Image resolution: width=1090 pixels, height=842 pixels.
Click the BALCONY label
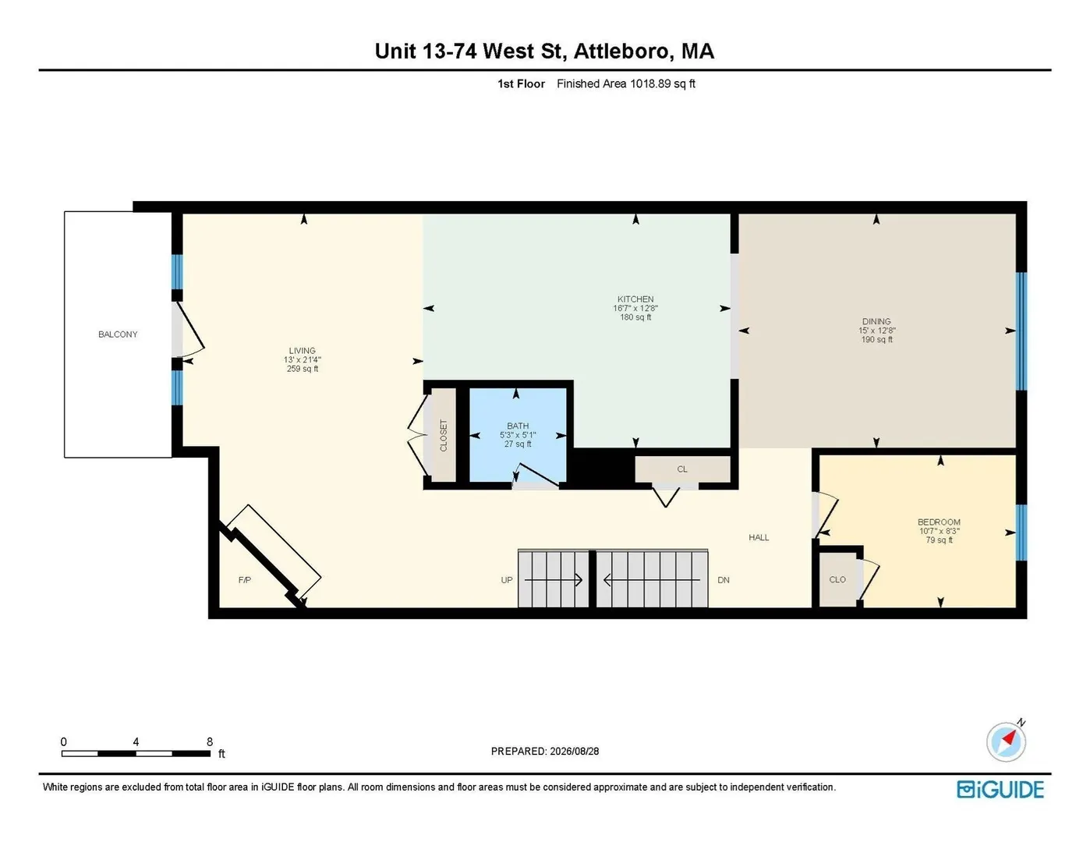click(x=118, y=334)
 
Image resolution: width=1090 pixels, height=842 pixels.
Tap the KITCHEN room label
click(x=635, y=299)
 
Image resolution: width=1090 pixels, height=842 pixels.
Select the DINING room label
click(x=877, y=321)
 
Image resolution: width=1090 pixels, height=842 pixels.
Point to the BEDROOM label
click(x=939, y=522)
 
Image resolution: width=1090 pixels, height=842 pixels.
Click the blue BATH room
click(x=518, y=435)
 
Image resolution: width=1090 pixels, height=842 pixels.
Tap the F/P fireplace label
click(x=245, y=580)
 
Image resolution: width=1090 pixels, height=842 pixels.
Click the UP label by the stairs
click(x=507, y=580)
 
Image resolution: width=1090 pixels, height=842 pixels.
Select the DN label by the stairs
click(x=724, y=580)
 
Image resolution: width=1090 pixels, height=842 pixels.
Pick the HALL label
click(x=759, y=538)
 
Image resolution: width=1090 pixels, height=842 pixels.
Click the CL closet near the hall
click(x=682, y=469)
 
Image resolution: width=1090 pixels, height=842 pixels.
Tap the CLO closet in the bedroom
click(x=837, y=580)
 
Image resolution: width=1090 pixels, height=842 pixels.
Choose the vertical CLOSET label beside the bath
click(x=444, y=435)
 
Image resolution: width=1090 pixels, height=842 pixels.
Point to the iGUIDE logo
click(x=1000, y=789)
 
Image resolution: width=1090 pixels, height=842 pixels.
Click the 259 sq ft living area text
click(x=303, y=369)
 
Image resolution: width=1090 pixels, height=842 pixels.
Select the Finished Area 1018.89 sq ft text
click(x=626, y=83)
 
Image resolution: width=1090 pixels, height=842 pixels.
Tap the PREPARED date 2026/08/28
click(x=575, y=752)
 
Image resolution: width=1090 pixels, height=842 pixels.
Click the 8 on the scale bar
click(x=210, y=741)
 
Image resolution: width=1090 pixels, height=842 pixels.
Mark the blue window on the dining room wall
click(x=1021, y=331)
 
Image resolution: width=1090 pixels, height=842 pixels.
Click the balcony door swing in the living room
click(x=190, y=331)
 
